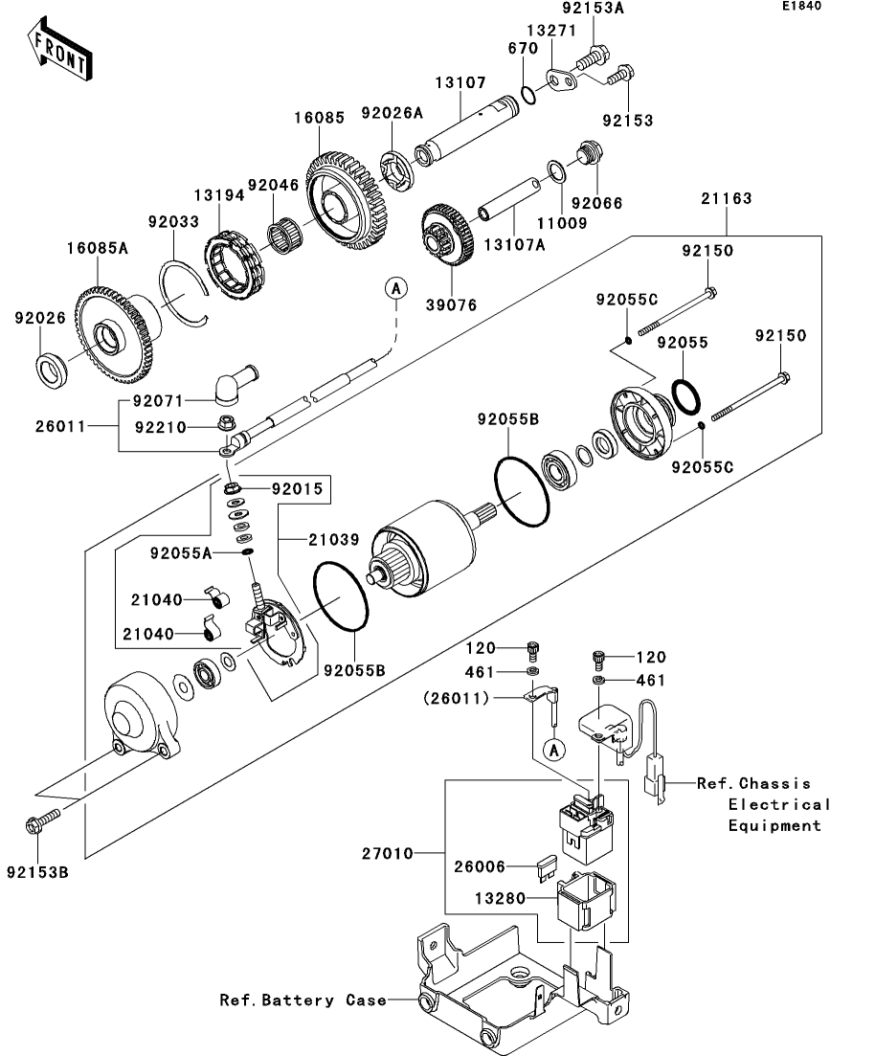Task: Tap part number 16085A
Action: [x=97, y=248]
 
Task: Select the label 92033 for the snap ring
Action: [x=174, y=221]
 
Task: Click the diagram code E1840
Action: [x=801, y=6]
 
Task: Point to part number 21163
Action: [x=727, y=198]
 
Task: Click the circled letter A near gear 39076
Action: [x=396, y=289]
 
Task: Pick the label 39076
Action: [x=451, y=305]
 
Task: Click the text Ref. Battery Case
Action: [x=303, y=1000]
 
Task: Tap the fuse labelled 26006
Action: [x=546, y=869]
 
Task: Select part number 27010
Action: [x=388, y=853]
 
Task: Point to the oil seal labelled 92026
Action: [x=51, y=371]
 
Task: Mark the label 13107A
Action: [x=515, y=244]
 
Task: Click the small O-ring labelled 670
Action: [x=528, y=95]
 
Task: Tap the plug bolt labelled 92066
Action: [x=590, y=153]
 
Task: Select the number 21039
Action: [x=334, y=539]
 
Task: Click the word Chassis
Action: [x=774, y=783]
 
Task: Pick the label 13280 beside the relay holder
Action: [x=501, y=898]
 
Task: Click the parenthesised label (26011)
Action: [x=456, y=698]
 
